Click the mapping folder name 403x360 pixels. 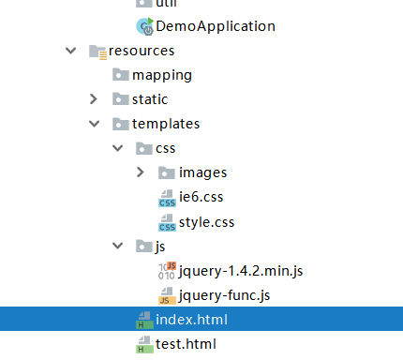point(162,74)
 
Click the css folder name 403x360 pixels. point(166,147)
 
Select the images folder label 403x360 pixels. point(202,172)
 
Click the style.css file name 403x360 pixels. point(207,222)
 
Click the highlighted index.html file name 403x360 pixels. point(191,321)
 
